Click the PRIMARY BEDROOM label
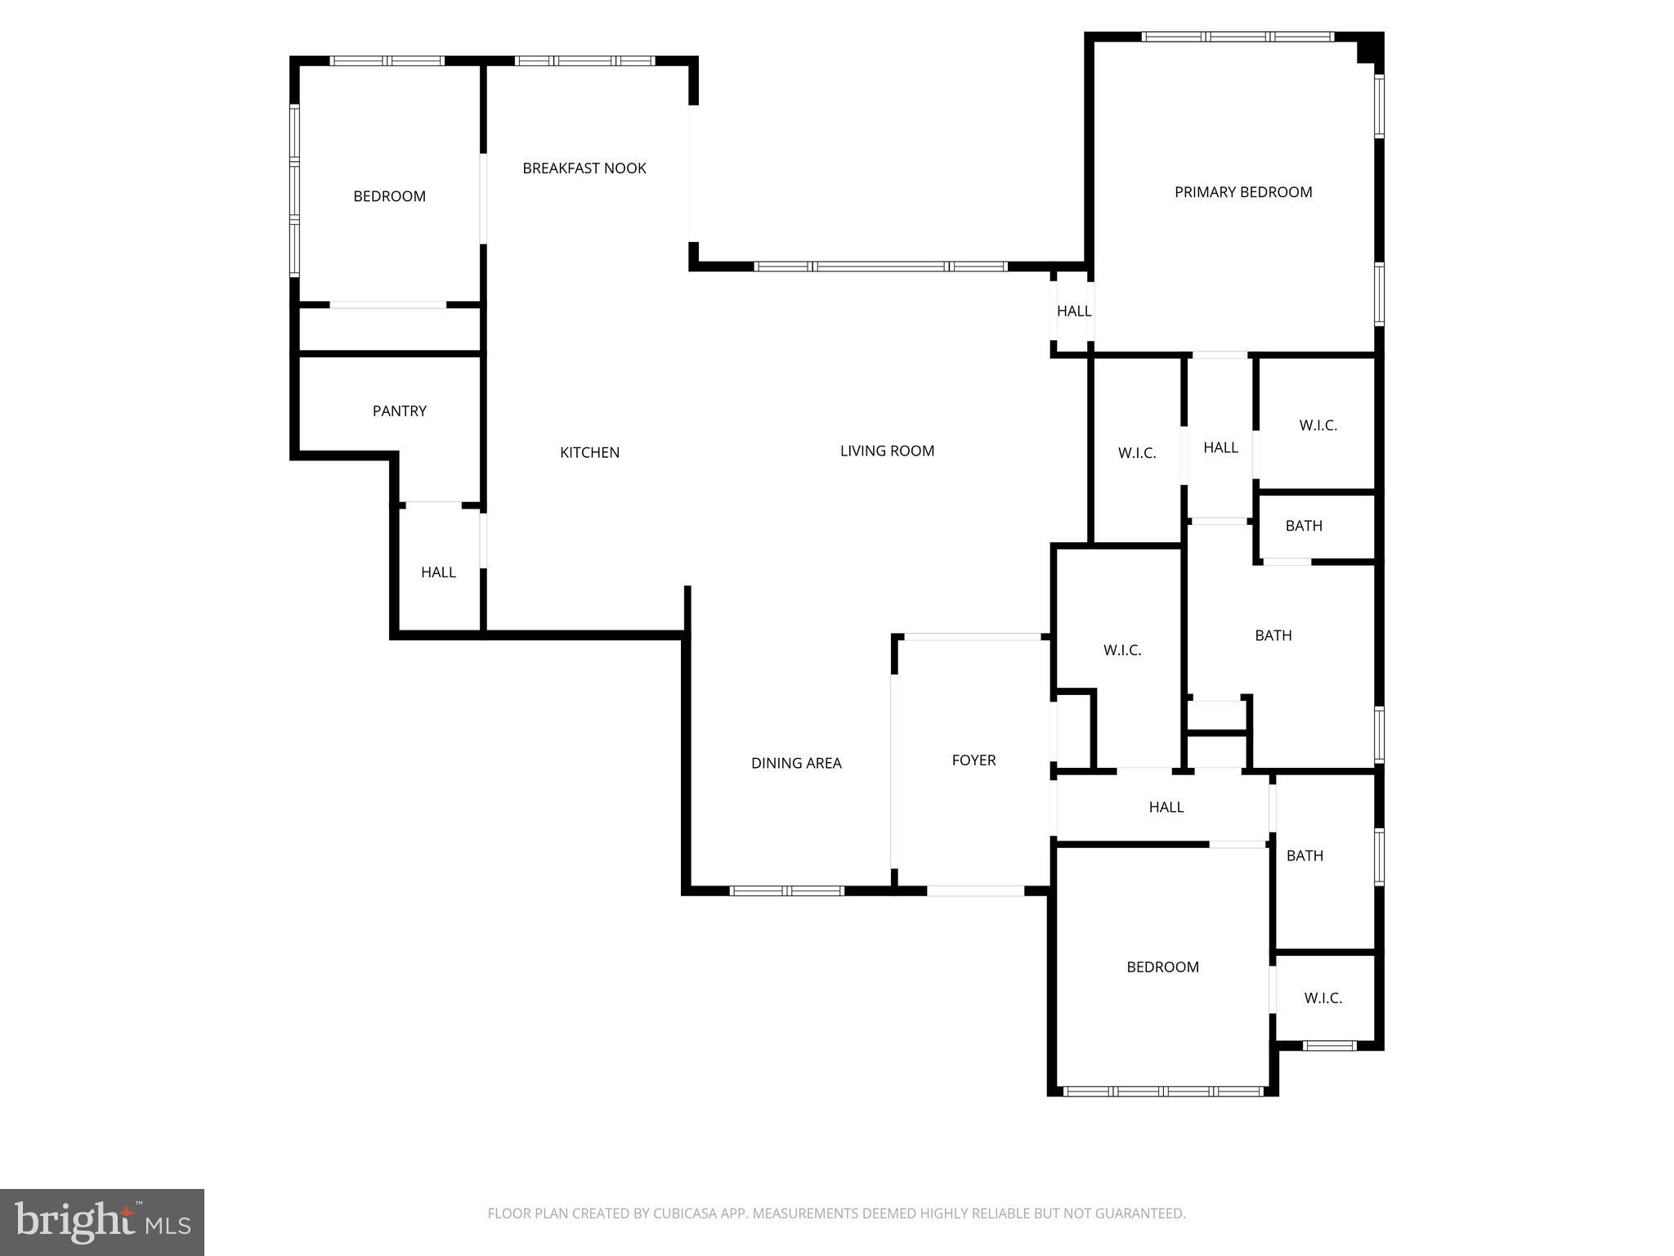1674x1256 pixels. (1242, 192)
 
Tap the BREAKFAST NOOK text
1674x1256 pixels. (584, 168)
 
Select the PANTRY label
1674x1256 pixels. (399, 411)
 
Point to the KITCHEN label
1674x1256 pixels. (589, 452)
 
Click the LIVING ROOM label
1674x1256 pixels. (887, 451)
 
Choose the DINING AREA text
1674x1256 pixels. (795, 763)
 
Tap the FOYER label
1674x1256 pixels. (974, 760)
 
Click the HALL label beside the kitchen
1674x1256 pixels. (438, 572)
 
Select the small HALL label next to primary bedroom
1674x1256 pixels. (1073, 312)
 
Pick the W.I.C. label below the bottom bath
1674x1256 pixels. (1323, 998)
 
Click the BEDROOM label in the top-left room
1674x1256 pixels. (389, 196)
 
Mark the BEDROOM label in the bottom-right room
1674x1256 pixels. (1162, 967)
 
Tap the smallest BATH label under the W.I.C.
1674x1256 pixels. (1303, 526)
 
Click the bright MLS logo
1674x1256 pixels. (101, 1222)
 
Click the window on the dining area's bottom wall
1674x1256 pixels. (786, 890)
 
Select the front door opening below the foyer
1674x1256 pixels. (975, 890)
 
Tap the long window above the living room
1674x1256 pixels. (880, 267)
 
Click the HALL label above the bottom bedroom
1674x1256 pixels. (1166, 808)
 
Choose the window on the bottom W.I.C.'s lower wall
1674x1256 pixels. (1329, 1045)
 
